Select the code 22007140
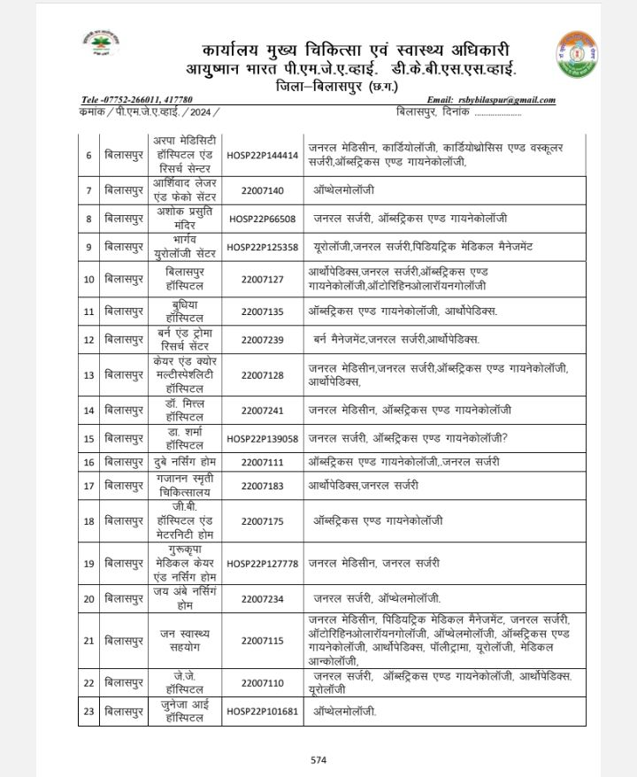(x=262, y=190)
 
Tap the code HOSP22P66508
(x=262, y=219)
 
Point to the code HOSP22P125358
(x=262, y=247)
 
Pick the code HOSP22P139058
(x=262, y=438)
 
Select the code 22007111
(x=262, y=462)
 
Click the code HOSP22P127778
(x=262, y=563)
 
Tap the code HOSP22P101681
(x=262, y=711)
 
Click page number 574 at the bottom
(x=318, y=759)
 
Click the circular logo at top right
(x=579, y=55)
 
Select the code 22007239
(x=262, y=339)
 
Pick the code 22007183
(x=262, y=486)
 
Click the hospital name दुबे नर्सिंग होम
(x=181, y=462)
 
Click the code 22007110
(x=262, y=682)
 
